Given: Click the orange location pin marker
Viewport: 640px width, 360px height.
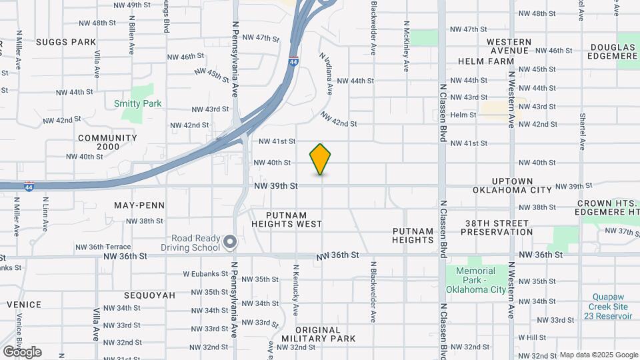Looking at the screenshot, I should pyautogui.click(x=321, y=159).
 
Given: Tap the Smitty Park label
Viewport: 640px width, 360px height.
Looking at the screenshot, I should pyautogui.click(x=137, y=104).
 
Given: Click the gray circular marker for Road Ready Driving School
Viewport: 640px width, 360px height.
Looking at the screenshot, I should pyautogui.click(x=230, y=242).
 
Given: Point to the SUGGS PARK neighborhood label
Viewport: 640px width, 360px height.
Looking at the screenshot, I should pyautogui.click(x=66, y=42).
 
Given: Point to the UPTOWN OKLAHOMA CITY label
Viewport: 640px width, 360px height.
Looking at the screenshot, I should pyautogui.click(x=512, y=185).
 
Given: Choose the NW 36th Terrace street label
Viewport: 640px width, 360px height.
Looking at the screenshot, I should pyautogui.click(x=131, y=246).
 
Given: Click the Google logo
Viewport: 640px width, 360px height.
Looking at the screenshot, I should pyautogui.click(x=22, y=352).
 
